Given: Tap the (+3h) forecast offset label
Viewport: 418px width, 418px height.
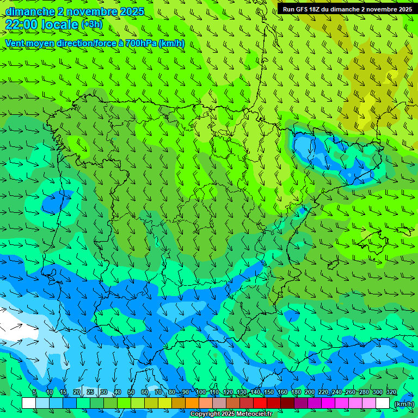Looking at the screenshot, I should (x=91, y=24).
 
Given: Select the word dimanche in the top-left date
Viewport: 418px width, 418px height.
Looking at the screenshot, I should (x=30, y=11).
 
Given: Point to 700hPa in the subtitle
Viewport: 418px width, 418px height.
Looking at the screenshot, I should (x=140, y=43).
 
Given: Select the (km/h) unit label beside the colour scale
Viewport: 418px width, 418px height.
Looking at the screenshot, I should (x=404, y=404).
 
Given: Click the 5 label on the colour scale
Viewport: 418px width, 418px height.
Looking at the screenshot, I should (x=34, y=392).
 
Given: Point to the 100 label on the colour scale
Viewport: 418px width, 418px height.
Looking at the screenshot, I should (x=201, y=392).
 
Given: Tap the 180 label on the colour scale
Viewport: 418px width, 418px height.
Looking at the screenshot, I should (x=296, y=392).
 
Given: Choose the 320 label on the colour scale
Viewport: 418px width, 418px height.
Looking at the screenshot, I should (x=391, y=392).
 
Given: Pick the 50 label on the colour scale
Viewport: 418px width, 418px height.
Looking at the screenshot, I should (x=131, y=392).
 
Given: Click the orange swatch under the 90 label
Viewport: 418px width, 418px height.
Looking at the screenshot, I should (x=192, y=403).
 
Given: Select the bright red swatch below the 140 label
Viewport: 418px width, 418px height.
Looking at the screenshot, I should (x=260, y=403).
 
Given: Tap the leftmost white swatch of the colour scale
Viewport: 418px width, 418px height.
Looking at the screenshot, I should (x=29, y=403).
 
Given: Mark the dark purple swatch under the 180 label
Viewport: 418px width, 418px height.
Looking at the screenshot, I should (x=301, y=403).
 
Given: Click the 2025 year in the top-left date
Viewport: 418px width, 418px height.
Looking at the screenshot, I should (x=132, y=11).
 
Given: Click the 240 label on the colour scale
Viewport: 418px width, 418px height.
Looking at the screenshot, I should (x=337, y=392).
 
